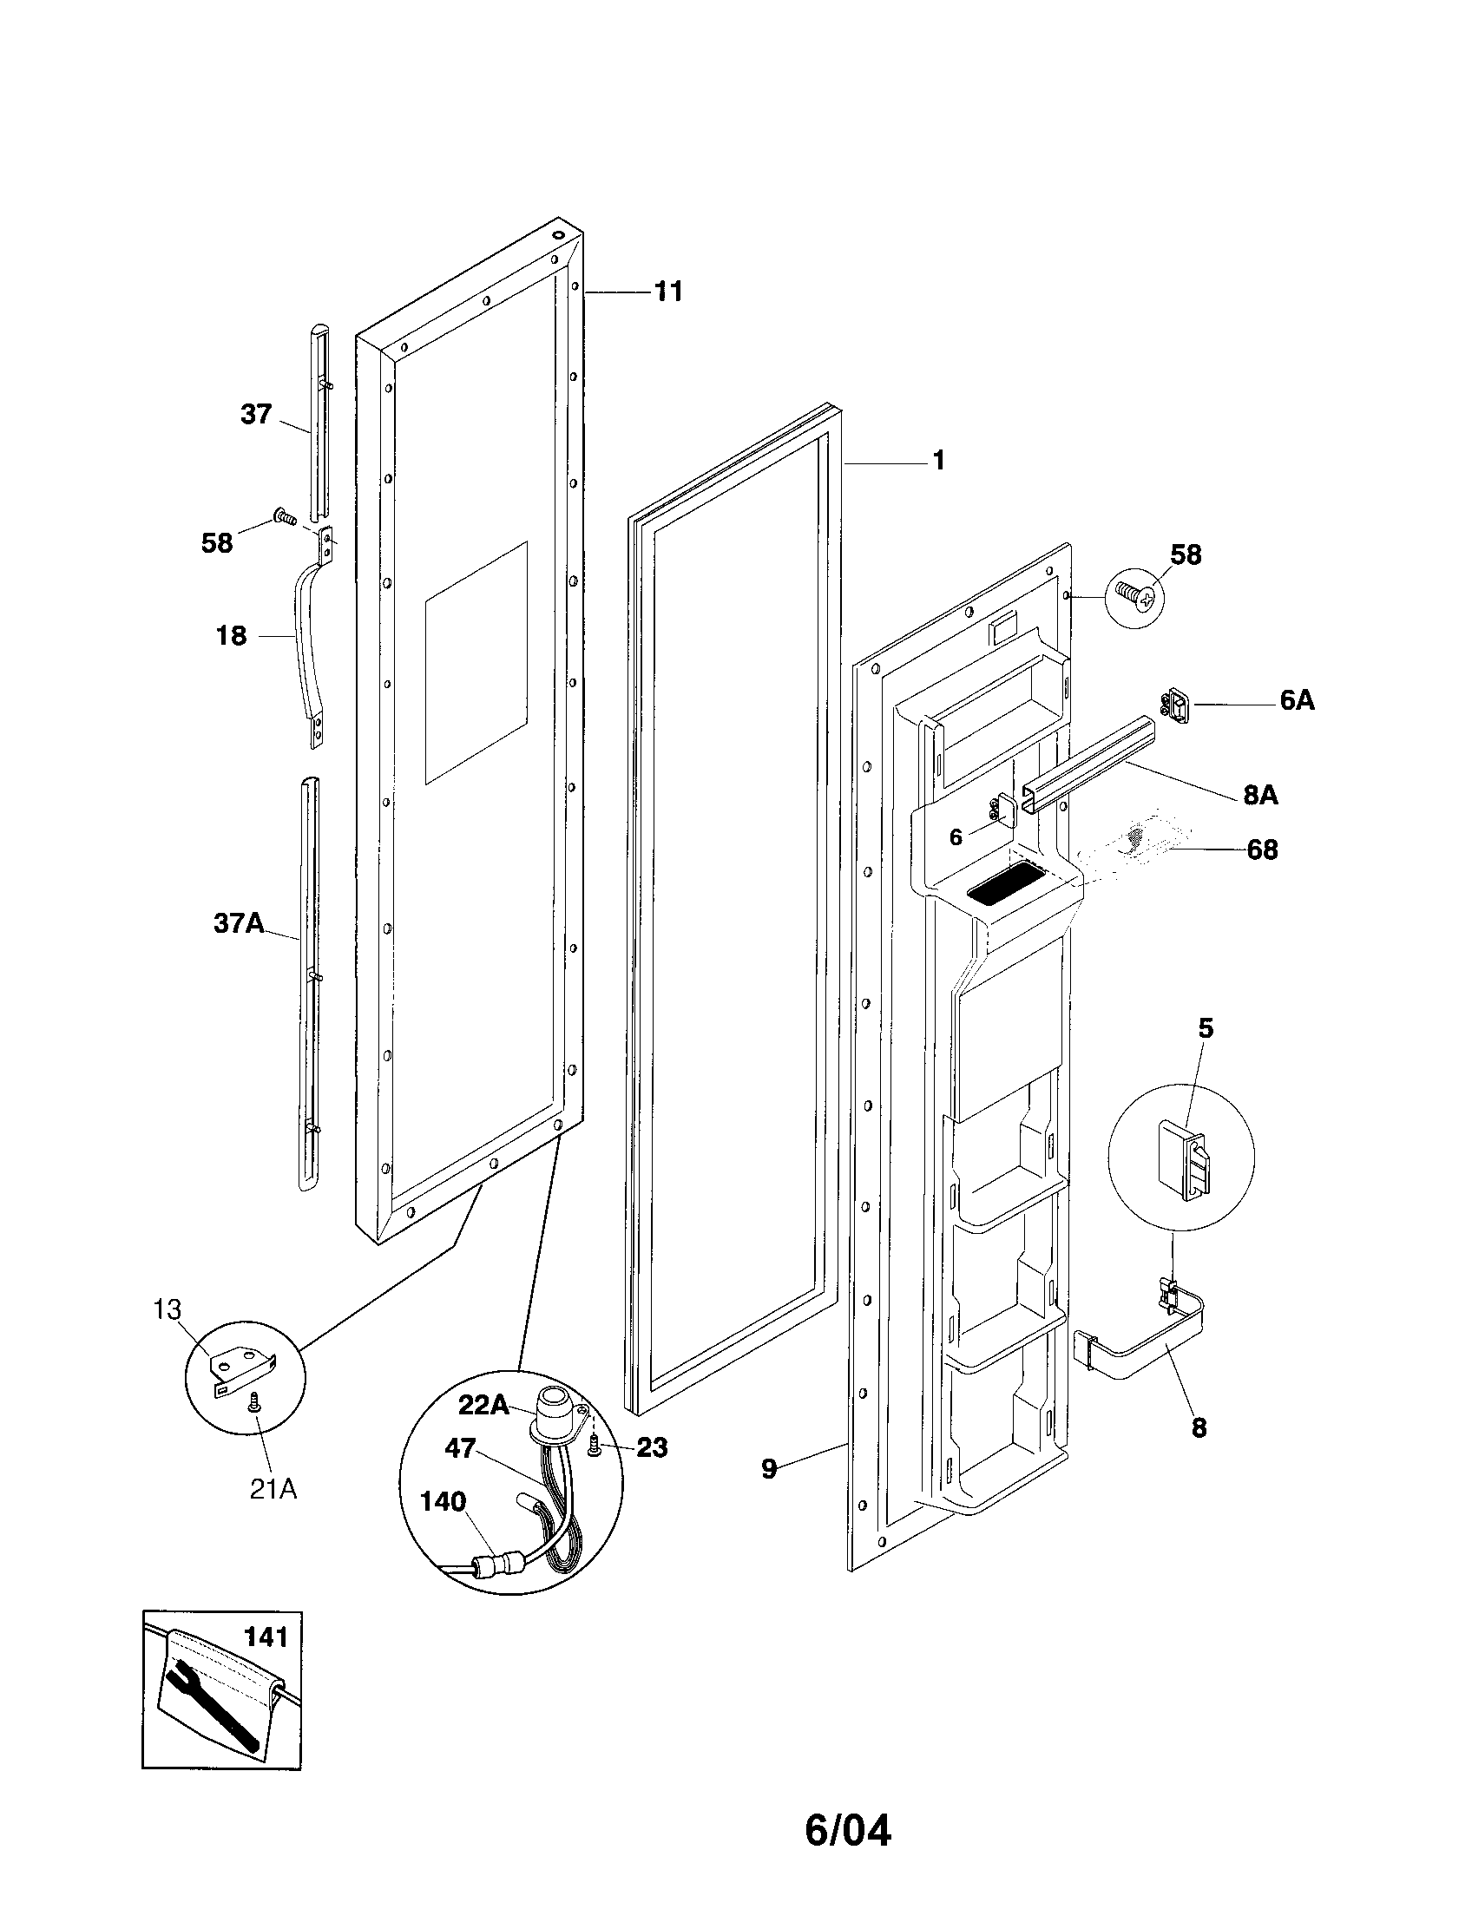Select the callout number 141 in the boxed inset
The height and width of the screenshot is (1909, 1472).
click(266, 1637)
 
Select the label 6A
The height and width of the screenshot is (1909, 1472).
click(1297, 700)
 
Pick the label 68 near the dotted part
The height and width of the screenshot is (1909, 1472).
click(1261, 849)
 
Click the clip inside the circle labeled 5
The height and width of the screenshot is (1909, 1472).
click(1181, 1157)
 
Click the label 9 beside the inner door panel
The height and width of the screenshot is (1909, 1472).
click(768, 1468)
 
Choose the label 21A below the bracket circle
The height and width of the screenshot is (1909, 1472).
click(273, 1488)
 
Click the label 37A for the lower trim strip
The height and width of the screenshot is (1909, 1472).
click(239, 923)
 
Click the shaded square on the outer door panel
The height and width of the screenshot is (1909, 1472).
click(476, 662)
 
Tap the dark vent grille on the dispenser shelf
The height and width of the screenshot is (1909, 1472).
click(1005, 893)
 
